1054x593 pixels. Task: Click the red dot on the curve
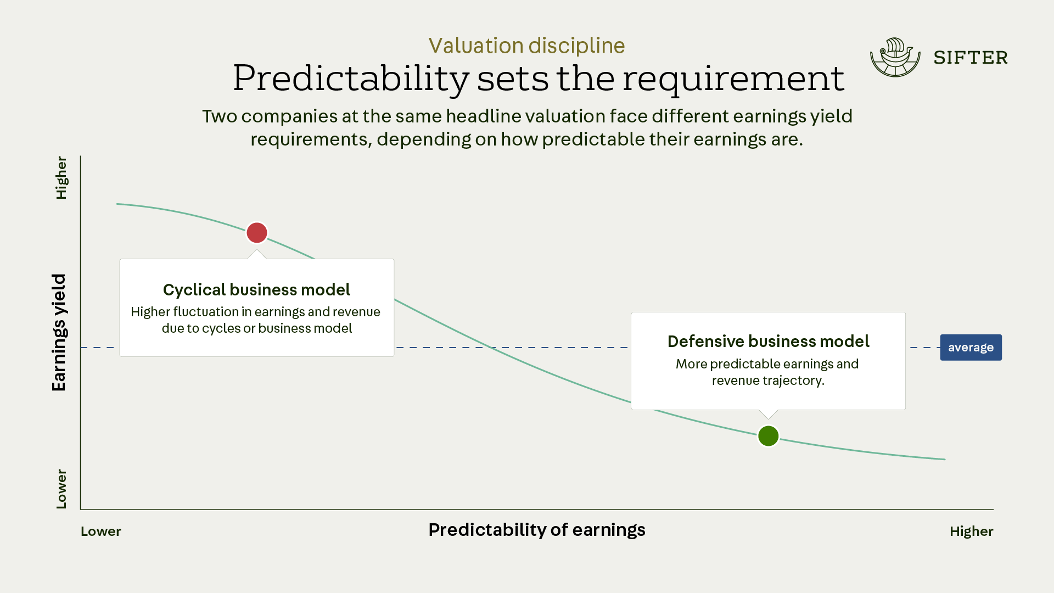pos(257,233)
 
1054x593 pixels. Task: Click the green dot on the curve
pos(768,436)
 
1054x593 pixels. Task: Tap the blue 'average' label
pos(971,348)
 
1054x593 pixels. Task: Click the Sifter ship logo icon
pos(895,57)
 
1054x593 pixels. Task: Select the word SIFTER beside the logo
pos(971,58)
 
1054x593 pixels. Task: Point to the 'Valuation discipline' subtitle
pos(526,46)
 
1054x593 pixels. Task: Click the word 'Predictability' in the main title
pos(351,79)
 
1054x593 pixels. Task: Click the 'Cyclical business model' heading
pos(256,289)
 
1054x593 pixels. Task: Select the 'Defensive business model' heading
pos(768,342)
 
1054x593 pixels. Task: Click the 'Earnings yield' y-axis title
pos(59,332)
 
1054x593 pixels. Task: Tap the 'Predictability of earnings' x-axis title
pos(537,530)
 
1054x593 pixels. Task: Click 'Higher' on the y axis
pos(61,178)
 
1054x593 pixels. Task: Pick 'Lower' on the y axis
pos(61,489)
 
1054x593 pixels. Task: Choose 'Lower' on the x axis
pos(101,532)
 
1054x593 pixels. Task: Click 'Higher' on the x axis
pos(972,532)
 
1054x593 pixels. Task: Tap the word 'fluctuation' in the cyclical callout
pos(206,312)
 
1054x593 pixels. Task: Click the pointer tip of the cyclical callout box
pos(256,250)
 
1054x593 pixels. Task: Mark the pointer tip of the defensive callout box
pos(768,419)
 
